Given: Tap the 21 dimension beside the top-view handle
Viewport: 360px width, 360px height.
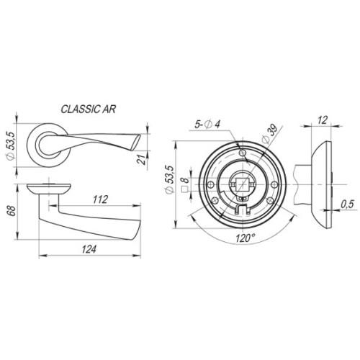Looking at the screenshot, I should (143, 160).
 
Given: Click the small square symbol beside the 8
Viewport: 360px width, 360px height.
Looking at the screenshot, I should (186, 191).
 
